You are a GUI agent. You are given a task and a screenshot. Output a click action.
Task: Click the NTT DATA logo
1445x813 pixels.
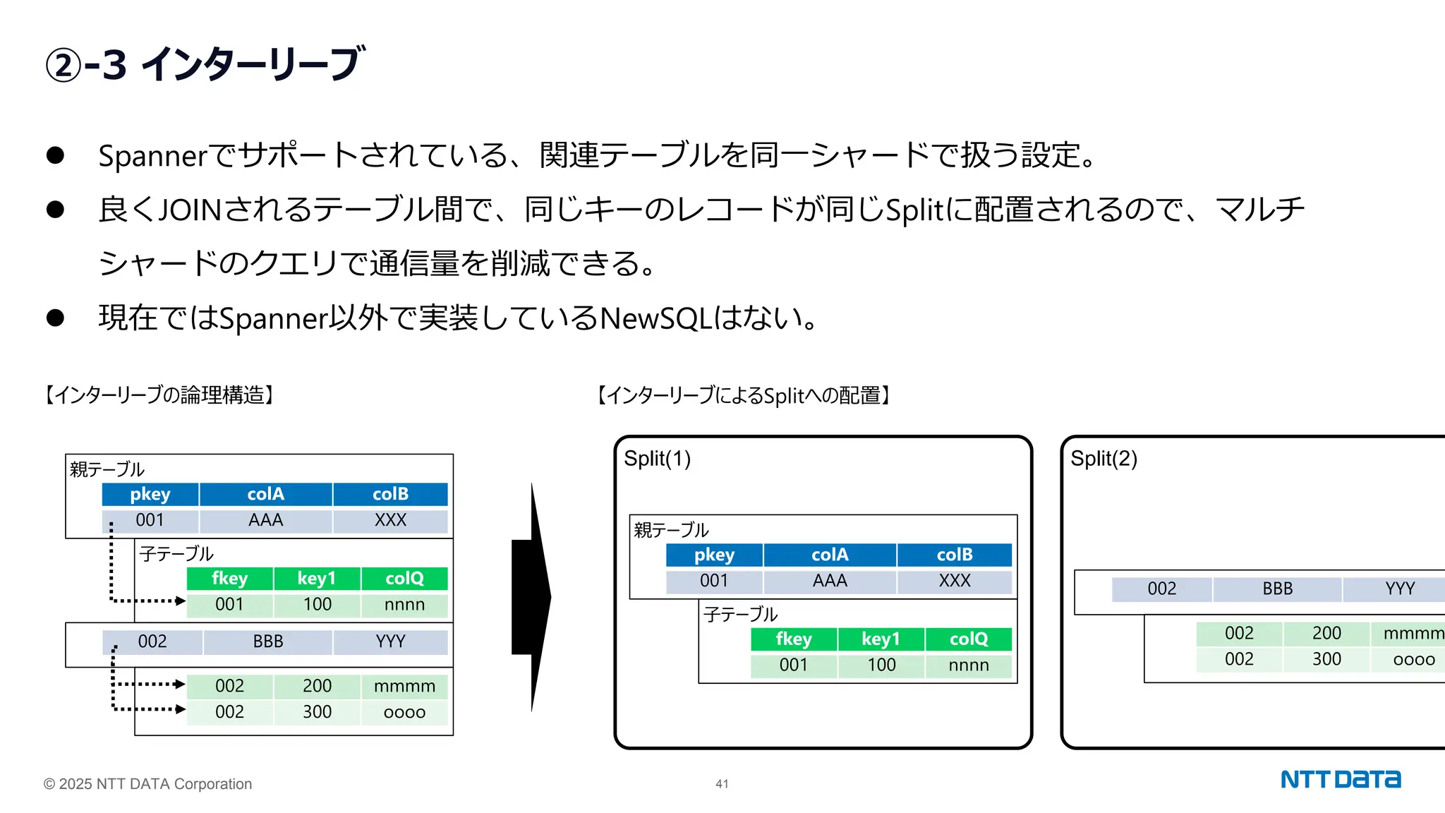click(x=1340, y=779)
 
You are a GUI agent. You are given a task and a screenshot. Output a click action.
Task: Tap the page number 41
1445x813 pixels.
click(x=722, y=783)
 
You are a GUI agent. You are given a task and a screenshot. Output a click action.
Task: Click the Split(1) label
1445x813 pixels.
click(x=657, y=459)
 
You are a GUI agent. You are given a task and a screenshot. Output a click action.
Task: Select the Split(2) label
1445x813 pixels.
click(x=1104, y=459)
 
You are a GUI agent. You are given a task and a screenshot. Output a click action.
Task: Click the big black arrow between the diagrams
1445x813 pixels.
click(x=532, y=597)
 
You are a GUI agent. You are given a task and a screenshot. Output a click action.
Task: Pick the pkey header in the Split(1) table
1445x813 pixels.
click(x=714, y=555)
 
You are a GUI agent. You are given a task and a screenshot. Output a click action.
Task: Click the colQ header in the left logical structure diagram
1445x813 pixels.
click(x=404, y=579)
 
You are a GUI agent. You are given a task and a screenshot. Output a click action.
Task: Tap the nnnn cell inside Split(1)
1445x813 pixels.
click(x=968, y=666)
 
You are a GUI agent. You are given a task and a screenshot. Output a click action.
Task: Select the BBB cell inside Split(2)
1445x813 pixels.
click(x=1277, y=589)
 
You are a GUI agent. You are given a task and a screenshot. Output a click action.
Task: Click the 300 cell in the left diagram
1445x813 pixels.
click(x=317, y=712)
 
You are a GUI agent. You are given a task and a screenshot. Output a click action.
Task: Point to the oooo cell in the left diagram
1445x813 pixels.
click(x=404, y=712)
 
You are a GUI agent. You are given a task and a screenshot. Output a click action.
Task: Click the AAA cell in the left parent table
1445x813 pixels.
click(x=265, y=521)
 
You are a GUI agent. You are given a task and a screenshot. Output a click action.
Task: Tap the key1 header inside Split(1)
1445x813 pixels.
click(x=881, y=639)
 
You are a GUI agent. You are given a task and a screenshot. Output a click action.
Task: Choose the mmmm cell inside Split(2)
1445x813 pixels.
click(x=1413, y=633)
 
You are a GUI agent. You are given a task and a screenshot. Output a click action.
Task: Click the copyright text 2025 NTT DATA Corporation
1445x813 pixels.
click(x=147, y=784)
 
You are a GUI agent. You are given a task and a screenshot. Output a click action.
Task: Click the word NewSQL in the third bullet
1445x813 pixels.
click(x=655, y=318)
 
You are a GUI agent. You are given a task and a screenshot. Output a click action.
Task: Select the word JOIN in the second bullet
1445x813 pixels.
click(x=190, y=210)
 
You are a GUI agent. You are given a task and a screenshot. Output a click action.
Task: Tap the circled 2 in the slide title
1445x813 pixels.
click(x=64, y=66)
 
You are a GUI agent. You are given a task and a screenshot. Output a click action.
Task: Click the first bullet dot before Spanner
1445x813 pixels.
click(x=55, y=155)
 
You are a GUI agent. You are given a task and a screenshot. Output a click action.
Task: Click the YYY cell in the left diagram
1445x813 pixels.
click(x=390, y=642)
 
